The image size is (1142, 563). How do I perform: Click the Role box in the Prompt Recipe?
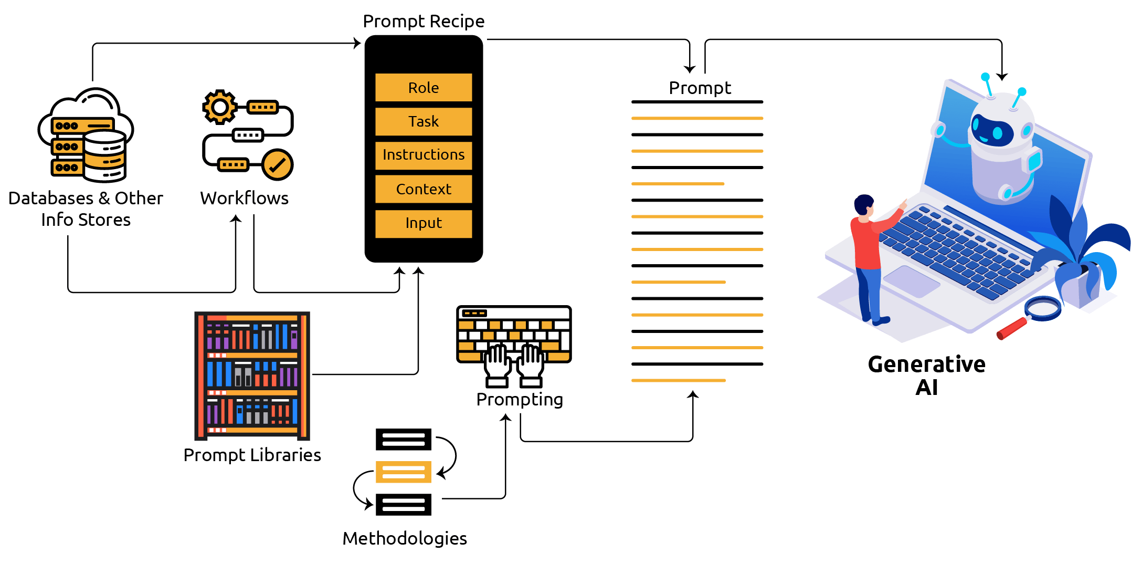[x=424, y=87]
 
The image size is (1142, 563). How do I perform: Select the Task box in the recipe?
[x=424, y=121]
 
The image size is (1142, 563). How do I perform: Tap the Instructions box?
[x=424, y=155]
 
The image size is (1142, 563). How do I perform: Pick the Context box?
[x=424, y=189]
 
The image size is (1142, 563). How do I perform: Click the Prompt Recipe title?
[x=424, y=22]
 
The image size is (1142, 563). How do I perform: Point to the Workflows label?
[x=244, y=198]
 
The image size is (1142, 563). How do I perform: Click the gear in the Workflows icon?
[x=219, y=107]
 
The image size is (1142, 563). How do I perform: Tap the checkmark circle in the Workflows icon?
[x=277, y=165]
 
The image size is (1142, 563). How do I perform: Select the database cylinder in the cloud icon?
[x=105, y=156]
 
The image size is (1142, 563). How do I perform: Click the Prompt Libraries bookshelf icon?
[x=252, y=376]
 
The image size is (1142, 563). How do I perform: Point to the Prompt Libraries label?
[x=252, y=455]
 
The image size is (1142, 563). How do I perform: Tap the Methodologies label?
[x=405, y=538]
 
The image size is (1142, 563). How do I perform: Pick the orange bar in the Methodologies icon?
[x=403, y=472]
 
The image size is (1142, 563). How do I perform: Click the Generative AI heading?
[x=927, y=376]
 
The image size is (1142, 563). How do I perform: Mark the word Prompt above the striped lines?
[x=700, y=88]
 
